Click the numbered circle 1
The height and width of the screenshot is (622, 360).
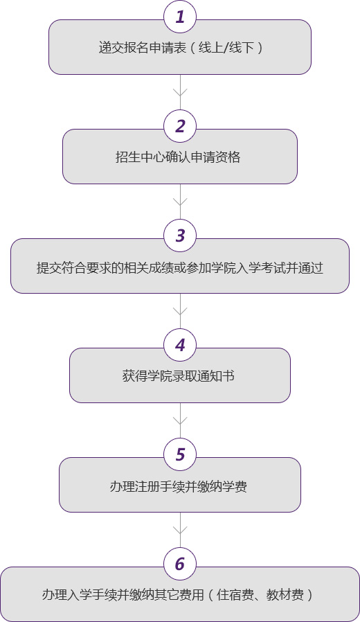pyautogui.click(x=180, y=17)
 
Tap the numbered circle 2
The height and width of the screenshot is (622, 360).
pyautogui.click(x=180, y=126)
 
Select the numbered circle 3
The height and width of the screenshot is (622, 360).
pyautogui.click(x=180, y=236)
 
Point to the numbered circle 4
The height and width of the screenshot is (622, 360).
pyautogui.click(x=180, y=345)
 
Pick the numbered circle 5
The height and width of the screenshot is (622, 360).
pyautogui.click(x=180, y=454)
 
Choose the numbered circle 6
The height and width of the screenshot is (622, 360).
pyautogui.click(x=180, y=564)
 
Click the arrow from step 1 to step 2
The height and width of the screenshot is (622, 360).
pyautogui.click(x=180, y=92)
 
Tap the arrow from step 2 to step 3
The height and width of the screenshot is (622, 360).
pyautogui.click(x=180, y=202)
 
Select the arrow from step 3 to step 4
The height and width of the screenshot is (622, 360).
pyautogui.click(x=180, y=311)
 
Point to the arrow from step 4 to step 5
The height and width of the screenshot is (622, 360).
pyautogui.click(x=180, y=420)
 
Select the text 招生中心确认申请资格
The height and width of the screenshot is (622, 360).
pyautogui.click(x=178, y=157)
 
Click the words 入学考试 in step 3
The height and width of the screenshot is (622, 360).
pyautogui.click(x=262, y=268)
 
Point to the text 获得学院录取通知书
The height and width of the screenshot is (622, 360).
pyautogui.click(x=178, y=376)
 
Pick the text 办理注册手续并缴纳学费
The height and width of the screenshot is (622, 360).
pyautogui.click(x=178, y=486)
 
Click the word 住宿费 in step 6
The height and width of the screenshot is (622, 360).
pyautogui.click(x=235, y=595)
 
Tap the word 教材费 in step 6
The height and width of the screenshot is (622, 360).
pyautogui.click(x=285, y=595)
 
